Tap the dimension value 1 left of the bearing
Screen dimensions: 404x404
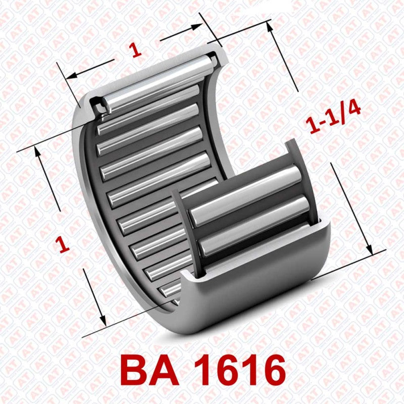[63, 244]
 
